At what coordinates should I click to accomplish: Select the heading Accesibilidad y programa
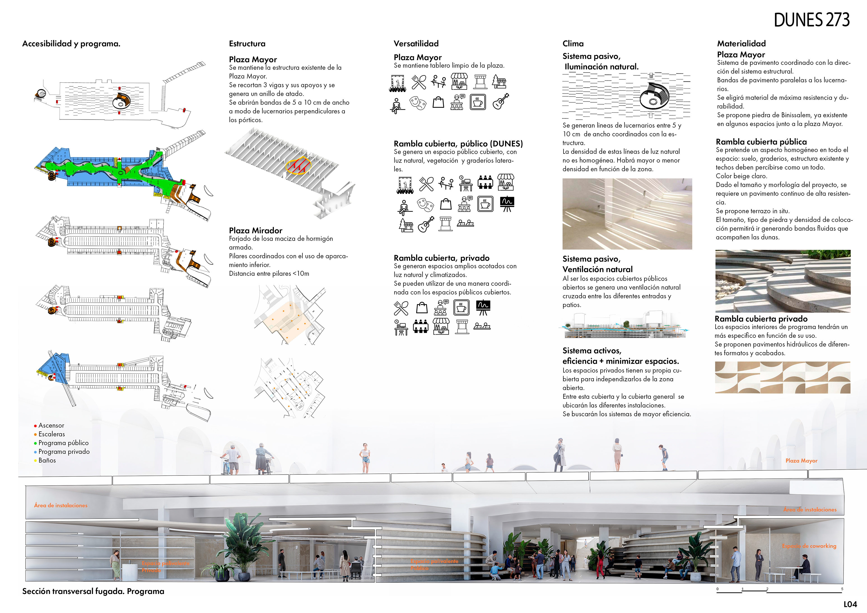71,44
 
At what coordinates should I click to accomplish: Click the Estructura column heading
247,44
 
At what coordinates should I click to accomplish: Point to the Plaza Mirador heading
255,230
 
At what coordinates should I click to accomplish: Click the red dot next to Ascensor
35,426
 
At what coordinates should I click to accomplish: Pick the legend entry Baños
47,460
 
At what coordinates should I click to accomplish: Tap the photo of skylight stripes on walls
627,214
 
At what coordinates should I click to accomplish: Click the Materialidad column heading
741,44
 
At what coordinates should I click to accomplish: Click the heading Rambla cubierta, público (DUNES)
458,144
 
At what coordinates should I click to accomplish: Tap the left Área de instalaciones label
61,505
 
